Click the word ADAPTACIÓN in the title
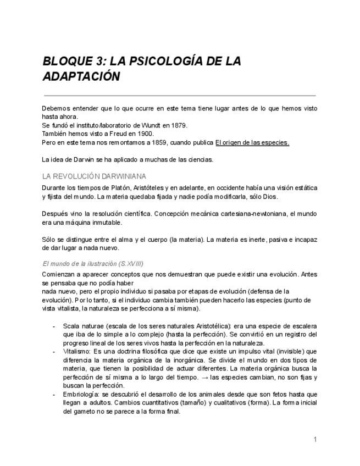click(81, 76)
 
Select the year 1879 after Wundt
click(179, 125)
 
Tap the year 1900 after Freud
click(145, 134)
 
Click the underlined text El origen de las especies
click(252, 142)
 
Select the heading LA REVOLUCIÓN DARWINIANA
click(94, 176)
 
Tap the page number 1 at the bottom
click(315, 439)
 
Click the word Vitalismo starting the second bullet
click(76, 351)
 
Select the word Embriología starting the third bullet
click(80, 394)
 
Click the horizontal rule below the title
click(179, 95)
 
